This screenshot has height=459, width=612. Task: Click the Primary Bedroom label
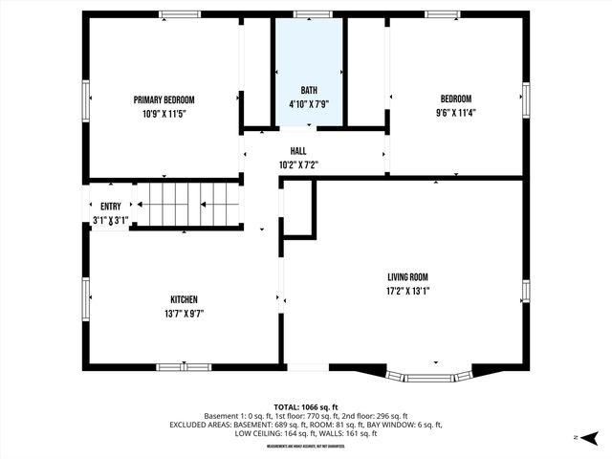pos(164,99)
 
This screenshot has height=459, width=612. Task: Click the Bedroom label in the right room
pos(455,98)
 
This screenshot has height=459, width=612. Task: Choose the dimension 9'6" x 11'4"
pos(455,113)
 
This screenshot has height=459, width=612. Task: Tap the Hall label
pos(298,151)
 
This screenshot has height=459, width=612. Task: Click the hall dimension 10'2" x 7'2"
pos(298,164)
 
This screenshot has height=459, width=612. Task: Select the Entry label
pos(111,207)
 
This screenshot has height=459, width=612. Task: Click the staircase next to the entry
pos(186,205)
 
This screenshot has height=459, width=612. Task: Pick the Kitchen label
pos(184,299)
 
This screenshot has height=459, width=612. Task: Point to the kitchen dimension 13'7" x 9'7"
pos(184,314)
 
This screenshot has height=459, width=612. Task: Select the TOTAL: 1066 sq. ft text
pos(306,406)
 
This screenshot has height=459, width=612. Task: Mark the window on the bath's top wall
pos(308,14)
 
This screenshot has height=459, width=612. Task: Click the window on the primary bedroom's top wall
pos(179,14)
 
